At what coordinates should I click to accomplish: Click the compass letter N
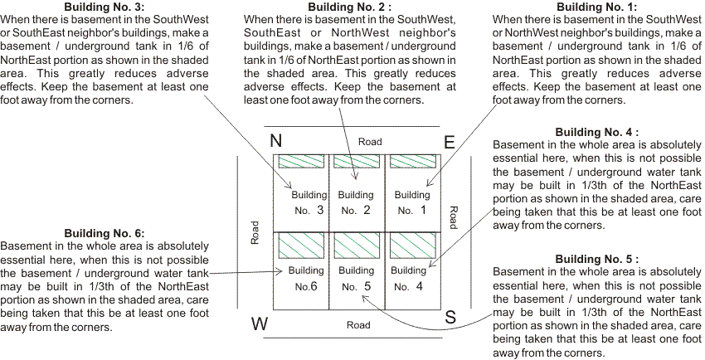click(x=276, y=141)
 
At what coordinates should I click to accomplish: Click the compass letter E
click(x=449, y=142)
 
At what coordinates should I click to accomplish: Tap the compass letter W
click(x=260, y=324)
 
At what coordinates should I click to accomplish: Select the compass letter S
click(x=450, y=316)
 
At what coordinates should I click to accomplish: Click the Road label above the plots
click(x=370, y=142)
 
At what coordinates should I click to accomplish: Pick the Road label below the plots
click(x=358, y=325)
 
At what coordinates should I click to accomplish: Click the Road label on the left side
click(x=255, y=232)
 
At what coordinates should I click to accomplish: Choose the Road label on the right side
click(x=453, y=217)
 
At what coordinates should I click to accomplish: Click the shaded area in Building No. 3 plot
click(x=300, y=162)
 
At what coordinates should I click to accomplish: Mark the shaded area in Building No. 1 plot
click(x=412, y=162)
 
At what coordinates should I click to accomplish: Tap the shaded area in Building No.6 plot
click(x=300, y=245)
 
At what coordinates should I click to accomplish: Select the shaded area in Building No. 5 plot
click(x=357, y=245)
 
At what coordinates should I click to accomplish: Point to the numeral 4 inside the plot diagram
click(x=420, y=286)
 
